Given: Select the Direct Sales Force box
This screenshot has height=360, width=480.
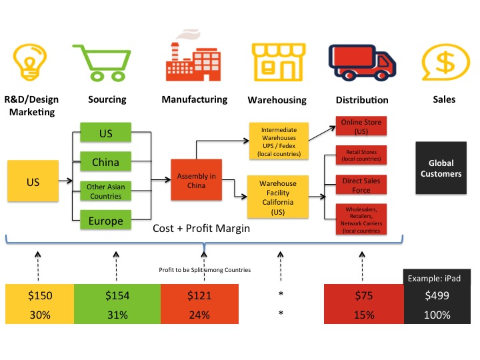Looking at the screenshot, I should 363,185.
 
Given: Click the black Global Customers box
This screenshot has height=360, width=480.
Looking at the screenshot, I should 441,169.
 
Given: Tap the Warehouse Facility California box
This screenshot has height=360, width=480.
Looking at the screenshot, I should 279,196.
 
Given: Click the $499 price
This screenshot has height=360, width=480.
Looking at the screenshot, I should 441,296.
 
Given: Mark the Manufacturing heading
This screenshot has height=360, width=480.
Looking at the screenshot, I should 194,99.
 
